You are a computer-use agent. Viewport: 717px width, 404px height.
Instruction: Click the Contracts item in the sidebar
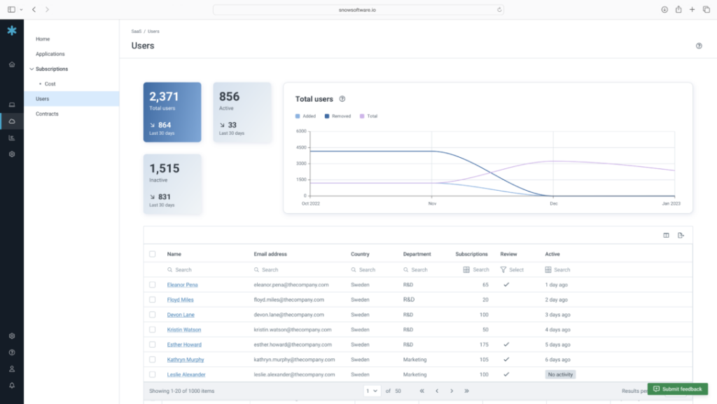point(47,114)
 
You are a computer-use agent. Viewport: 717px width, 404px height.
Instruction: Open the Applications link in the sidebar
point(50,54)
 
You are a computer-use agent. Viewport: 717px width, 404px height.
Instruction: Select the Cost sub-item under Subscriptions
point(50,84)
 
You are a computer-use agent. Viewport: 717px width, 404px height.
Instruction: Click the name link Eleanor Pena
point(182,285)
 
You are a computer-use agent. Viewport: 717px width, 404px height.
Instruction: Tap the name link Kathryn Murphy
point(186,360)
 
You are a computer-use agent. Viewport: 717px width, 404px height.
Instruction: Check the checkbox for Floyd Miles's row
point(153,299)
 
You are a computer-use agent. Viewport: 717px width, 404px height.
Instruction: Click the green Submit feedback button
point(677,389)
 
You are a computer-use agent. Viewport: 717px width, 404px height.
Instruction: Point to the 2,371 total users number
point(164,97)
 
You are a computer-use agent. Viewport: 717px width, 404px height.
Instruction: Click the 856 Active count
point(229,97)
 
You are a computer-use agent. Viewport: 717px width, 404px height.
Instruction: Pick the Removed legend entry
point(341,116)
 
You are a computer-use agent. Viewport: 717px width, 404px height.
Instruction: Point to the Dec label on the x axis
point(553,203)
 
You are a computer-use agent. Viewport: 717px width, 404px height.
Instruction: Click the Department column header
point(417,254)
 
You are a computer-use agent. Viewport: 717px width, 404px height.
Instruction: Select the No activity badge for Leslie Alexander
point(560,375)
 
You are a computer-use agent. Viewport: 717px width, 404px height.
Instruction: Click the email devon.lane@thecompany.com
point(291,315)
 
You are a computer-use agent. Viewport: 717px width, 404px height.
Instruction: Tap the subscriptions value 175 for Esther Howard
point(482,344)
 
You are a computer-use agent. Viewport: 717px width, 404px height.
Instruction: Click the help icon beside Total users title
point(342,99)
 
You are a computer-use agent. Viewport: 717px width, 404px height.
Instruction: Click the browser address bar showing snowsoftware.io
point(358,10)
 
